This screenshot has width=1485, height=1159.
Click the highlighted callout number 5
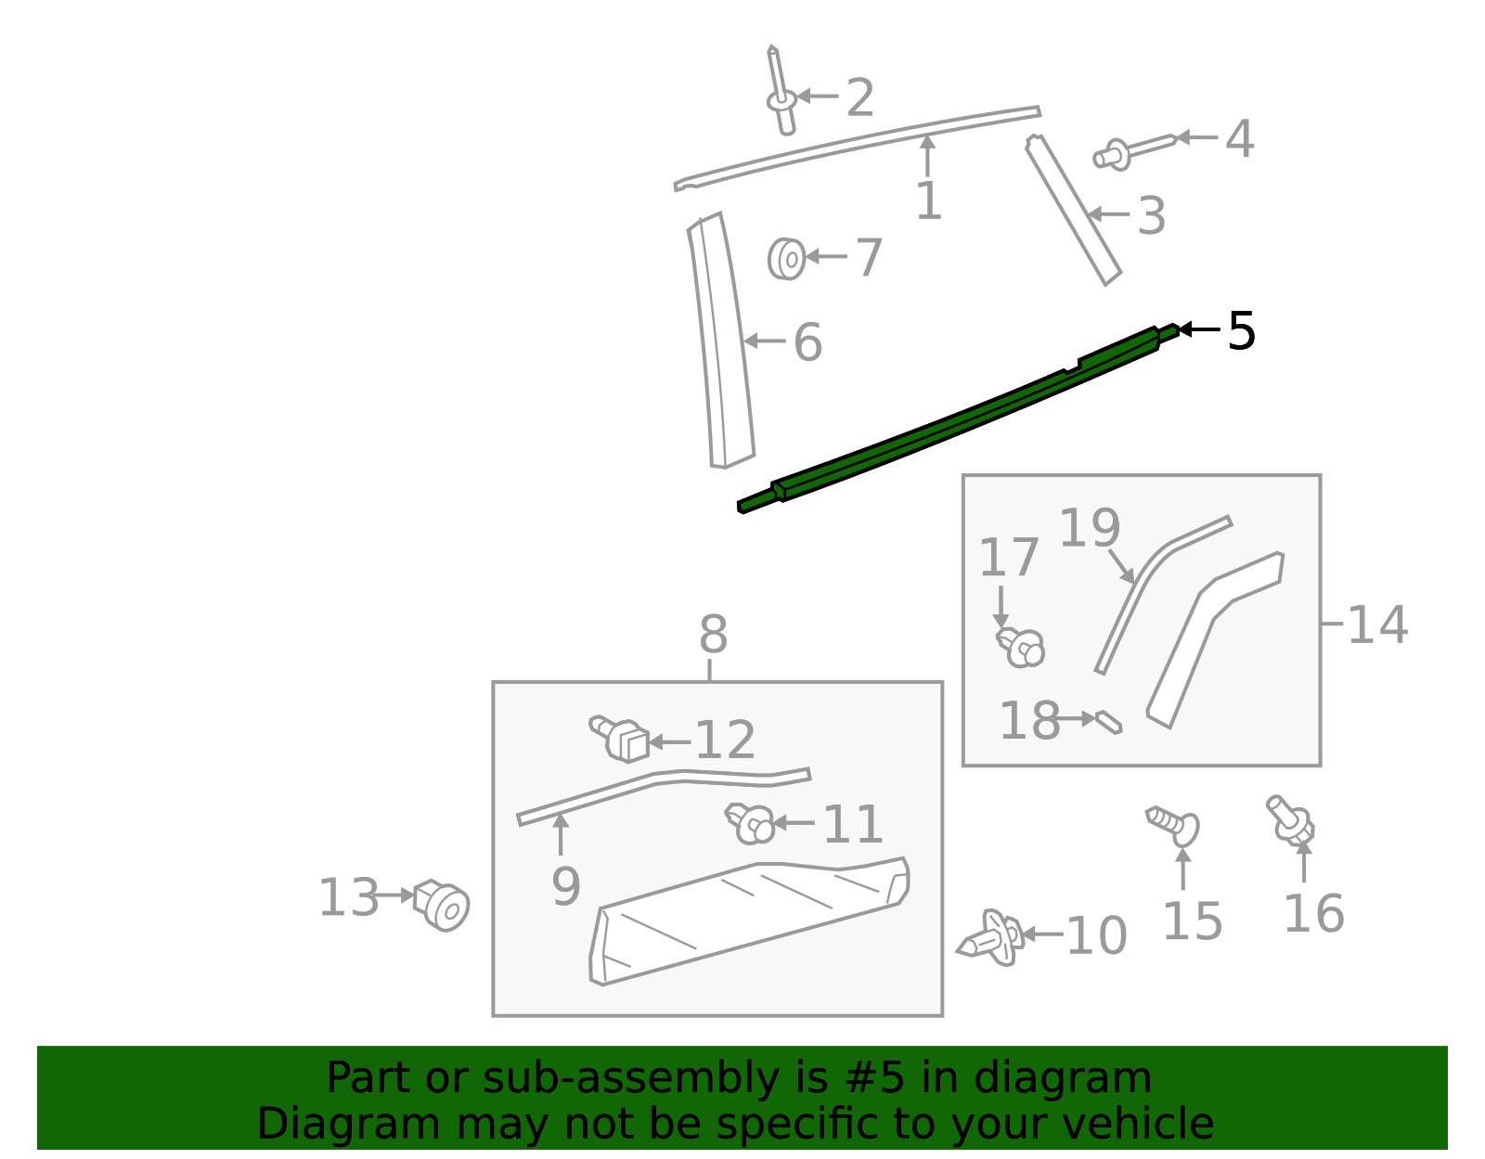[x=1241, y=331]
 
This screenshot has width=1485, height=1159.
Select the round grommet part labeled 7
[x=786, y=258]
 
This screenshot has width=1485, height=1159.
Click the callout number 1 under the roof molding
[x=928, y=201]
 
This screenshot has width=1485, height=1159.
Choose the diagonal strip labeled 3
[x=1074, y=212]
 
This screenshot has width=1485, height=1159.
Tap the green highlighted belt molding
[x=956, y=417]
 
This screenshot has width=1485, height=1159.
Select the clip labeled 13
[x=443, y=904]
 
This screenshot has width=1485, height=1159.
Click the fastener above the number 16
[x=1291, y=819]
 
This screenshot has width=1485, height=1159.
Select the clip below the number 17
[x=1021, y=647]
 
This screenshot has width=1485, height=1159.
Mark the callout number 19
[x=1090, y=529]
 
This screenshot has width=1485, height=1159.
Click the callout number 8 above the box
[x=713, y=637]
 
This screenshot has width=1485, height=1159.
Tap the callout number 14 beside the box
[x=1376, y=625]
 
